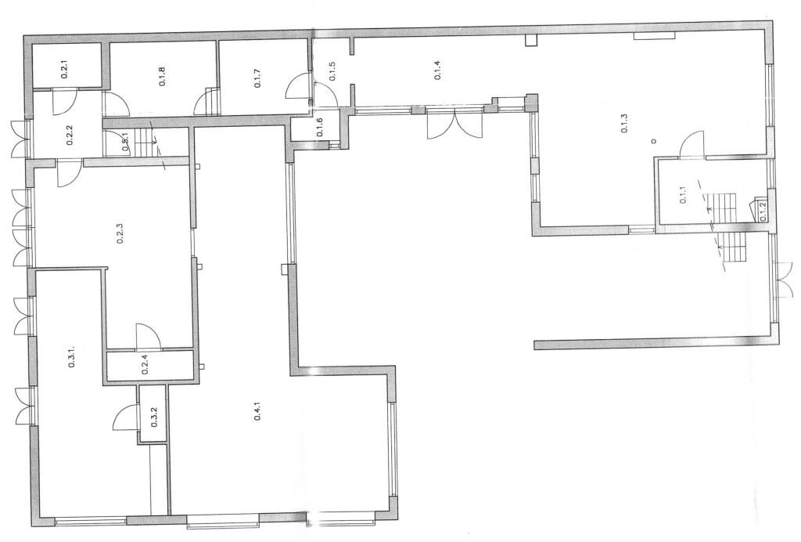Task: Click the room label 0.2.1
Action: [64, 69]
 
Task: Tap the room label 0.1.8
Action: [162, 76]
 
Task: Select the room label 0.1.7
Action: [258, 78]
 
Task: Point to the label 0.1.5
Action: [332, 71]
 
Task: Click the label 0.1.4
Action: [437, 70]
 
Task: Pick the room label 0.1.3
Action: [623, 123]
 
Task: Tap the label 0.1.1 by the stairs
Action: [683, 195]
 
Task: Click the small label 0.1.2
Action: [763, 211]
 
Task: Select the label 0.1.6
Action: [319, 127]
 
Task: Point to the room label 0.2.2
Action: [70, 135]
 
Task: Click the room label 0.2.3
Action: [120, 233]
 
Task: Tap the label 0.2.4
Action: [145, 365]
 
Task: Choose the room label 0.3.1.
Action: [71, 356]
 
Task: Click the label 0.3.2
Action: [154, 417]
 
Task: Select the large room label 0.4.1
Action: [258, 412]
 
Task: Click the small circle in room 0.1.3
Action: [654, 141]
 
